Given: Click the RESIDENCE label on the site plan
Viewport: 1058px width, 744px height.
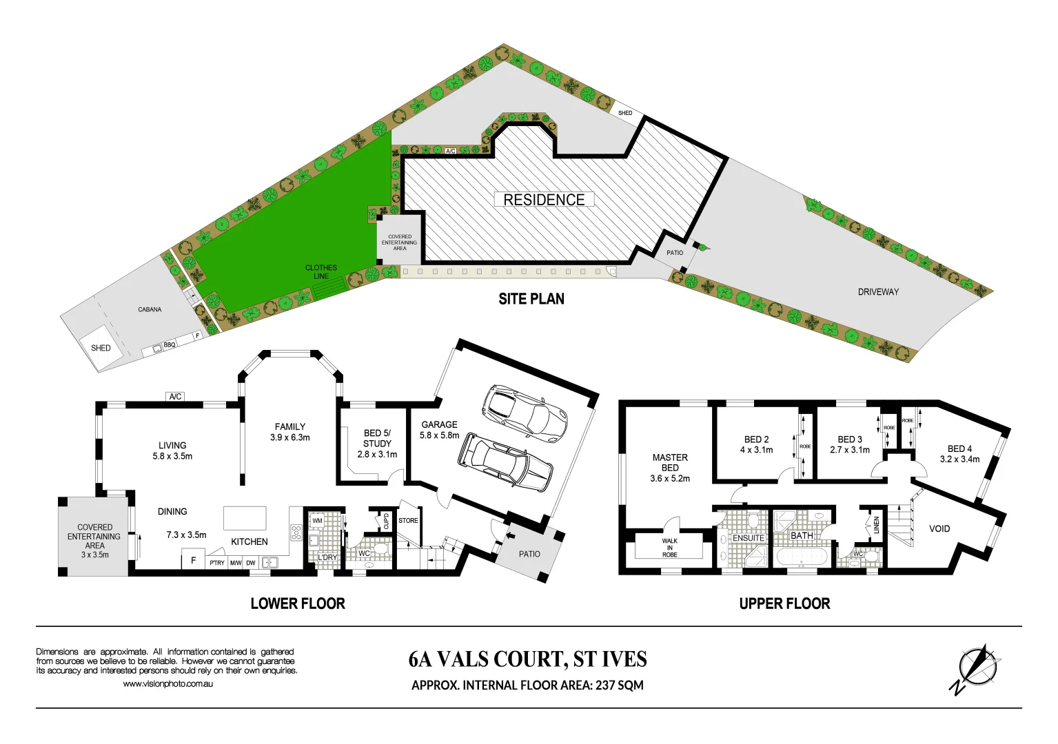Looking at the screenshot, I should pyautogui.click(x=544, y=200).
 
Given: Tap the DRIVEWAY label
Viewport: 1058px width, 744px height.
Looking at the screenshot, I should pyautogui.click(x=878, y=292).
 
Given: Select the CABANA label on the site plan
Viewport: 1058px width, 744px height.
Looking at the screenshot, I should pyautogui.click(x=150, y=310).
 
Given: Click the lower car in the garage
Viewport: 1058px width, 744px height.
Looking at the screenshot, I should pyautogui.click(x=505, y=462).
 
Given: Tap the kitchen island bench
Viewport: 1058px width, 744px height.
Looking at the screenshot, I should pyautogui.click(x=245, y=518).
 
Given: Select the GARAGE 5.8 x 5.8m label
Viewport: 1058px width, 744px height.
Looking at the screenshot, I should pyautogui.click(x=440, y=430).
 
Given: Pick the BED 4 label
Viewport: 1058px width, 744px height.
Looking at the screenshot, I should pyautogui.click(x=959, y=453).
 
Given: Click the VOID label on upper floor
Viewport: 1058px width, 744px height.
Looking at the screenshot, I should pyautogui.click(x=939, y=529).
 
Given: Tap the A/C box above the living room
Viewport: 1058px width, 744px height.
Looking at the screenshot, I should pyautogui.click(x=176, y=397).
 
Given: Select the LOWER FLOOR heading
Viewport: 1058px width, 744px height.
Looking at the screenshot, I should pyautogui.click(x=298, y=604).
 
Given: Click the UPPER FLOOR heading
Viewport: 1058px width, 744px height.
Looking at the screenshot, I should pyautogui.click(x=784, y=604).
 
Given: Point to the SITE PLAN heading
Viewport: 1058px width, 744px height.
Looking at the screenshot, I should pyautogui.click(x=531, y=299).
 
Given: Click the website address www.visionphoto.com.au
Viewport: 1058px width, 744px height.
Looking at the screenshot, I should pyautogui.click(x=168, y=684).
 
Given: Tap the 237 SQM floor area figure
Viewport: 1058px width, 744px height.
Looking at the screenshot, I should pyautogui.click(x=620, y=685).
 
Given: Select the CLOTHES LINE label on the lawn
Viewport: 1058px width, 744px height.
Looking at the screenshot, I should pyautogui.click(x=321, y=272).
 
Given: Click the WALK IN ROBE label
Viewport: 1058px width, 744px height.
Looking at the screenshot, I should pyautogui.click(x=670, y=548).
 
